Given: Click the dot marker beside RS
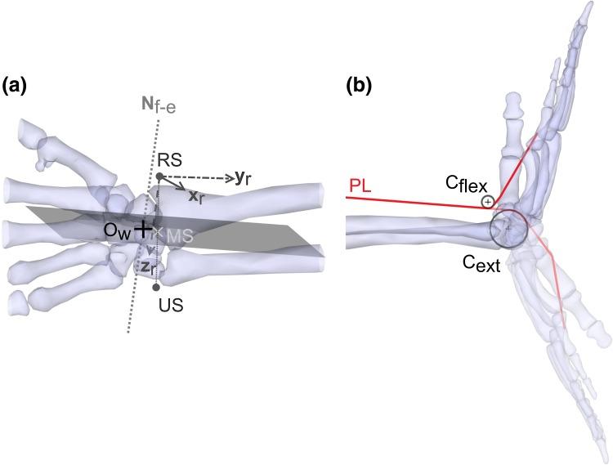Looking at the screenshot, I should [x=159, y=177].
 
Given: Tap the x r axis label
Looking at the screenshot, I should [x=195, y=198].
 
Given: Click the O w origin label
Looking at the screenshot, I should [x=116, y=231].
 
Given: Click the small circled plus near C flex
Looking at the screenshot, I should [x=488, y=201].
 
